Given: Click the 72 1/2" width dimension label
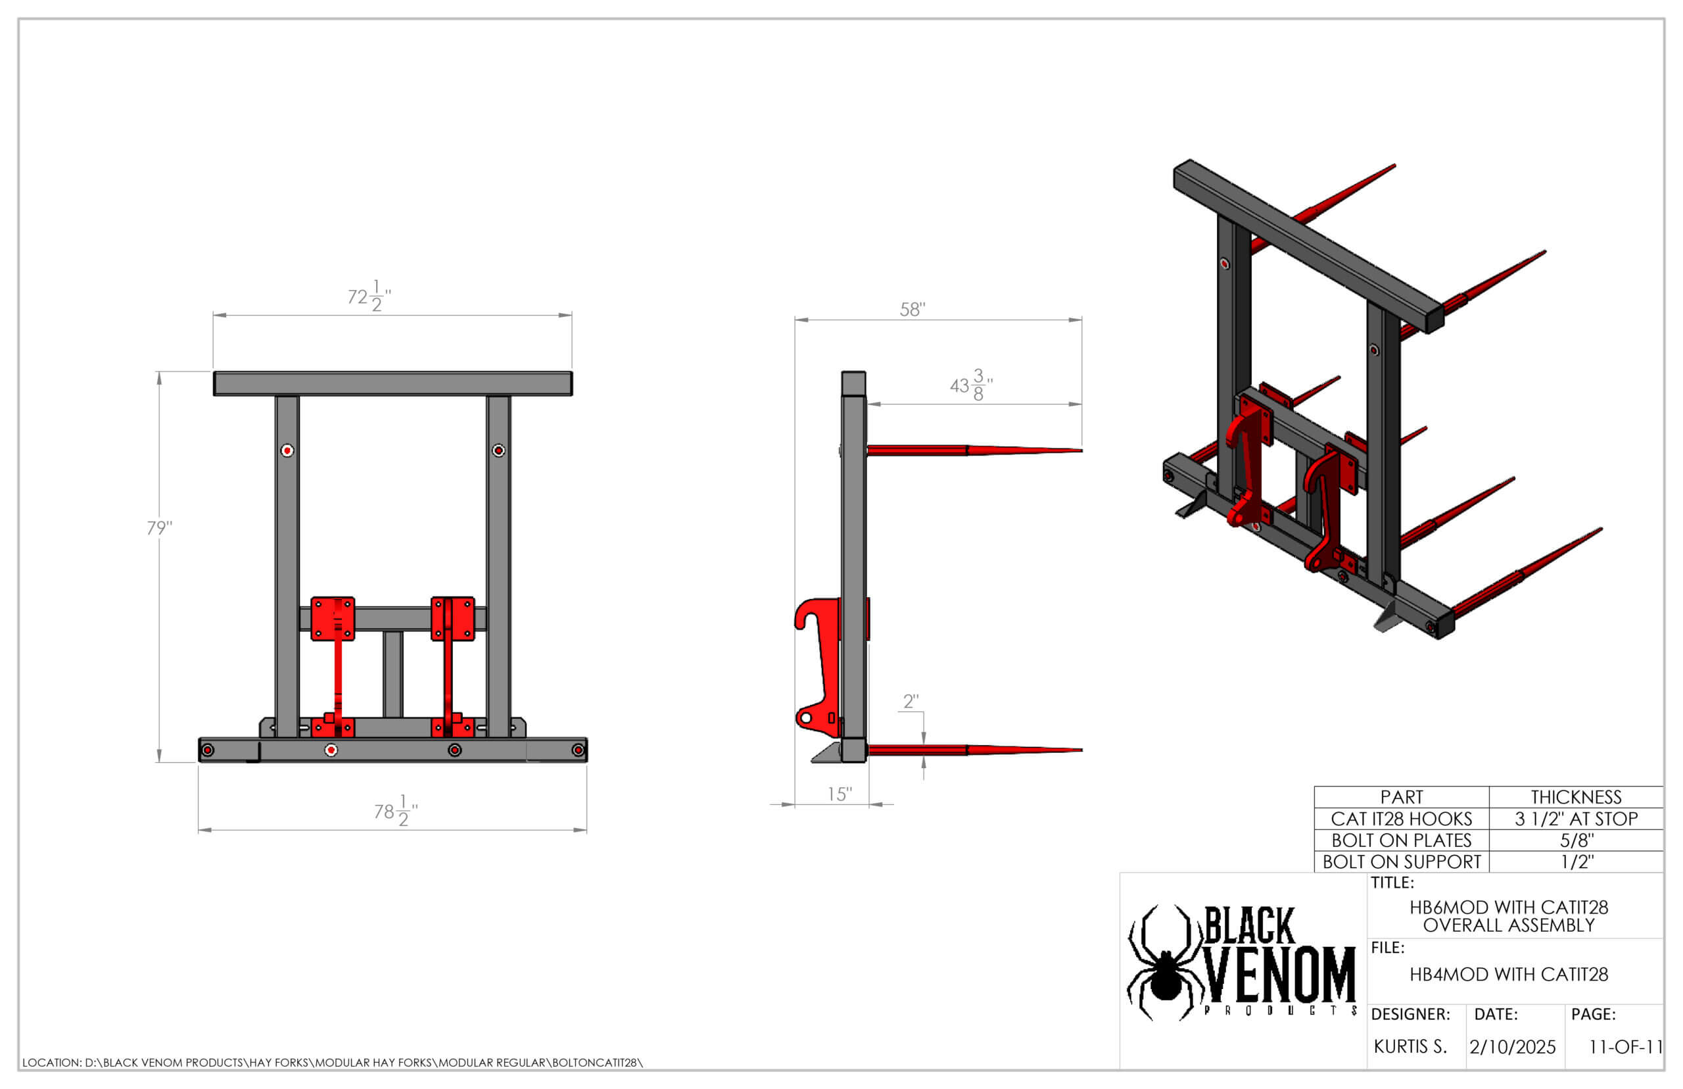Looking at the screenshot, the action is pos(369,295).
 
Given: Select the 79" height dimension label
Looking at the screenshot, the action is pos(159,527).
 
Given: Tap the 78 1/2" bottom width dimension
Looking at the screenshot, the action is pos(396,810).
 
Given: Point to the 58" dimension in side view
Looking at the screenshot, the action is pos(912,309).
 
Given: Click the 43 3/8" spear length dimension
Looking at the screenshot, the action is pos(971,385).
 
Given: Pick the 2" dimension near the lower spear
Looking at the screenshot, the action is pos(911,701).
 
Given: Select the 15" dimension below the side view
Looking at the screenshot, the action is pos(840,794).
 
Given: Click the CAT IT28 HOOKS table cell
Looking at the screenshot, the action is pos(1401,818).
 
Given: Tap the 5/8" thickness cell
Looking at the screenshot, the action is pos(1576,840).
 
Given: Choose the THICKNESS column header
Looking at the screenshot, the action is pos(1576,797).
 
